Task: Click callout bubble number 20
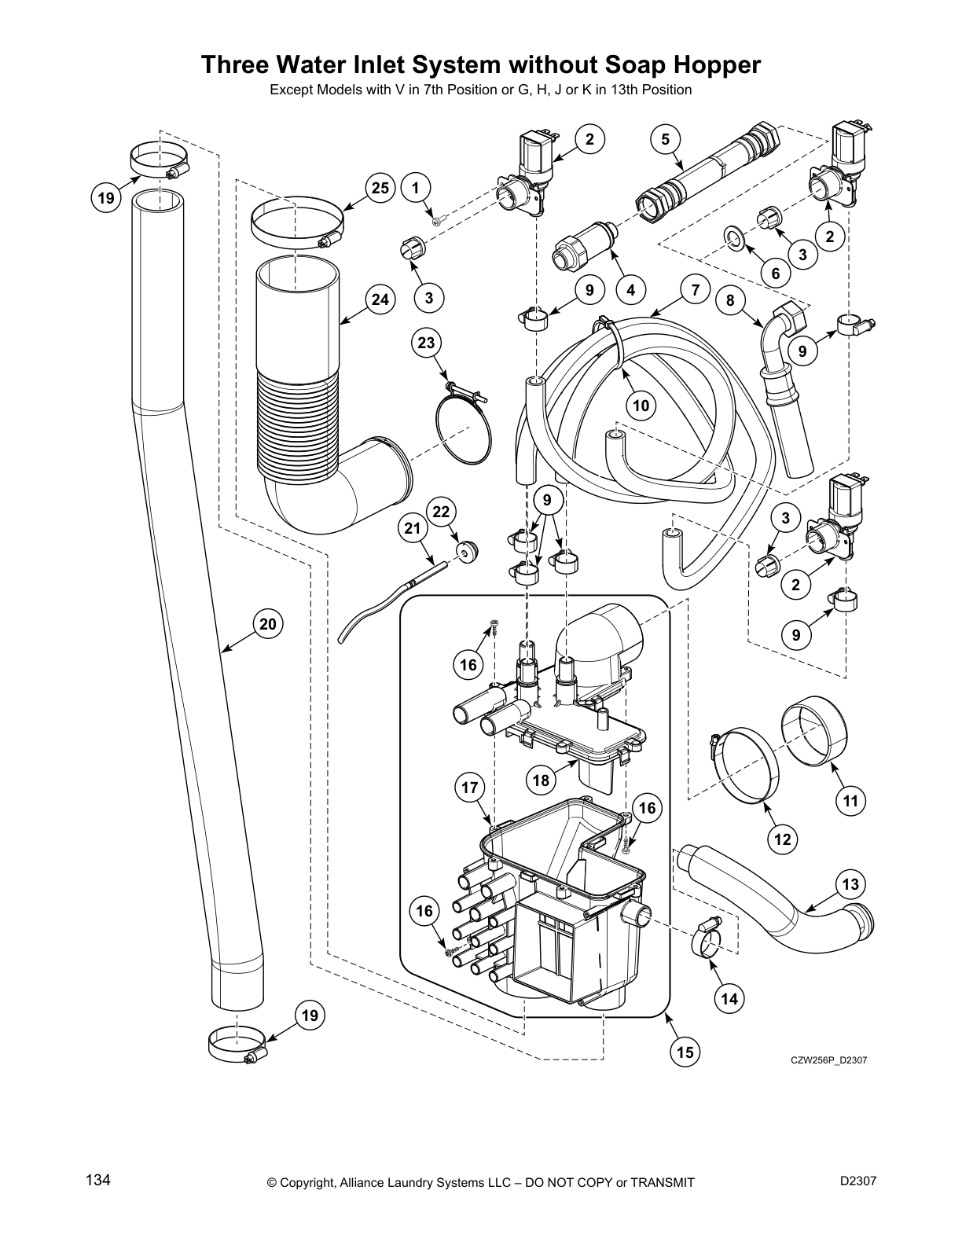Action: tap(268, 624)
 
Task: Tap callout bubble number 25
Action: tap(380, 188)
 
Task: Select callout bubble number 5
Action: tap(665, 139)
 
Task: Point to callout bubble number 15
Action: tap(685, 1052)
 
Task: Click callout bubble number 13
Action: tap(851, 884)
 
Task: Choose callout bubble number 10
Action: tap(641, 406)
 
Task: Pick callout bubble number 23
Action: tap(426, 343)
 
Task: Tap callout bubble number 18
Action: tap(541, 780)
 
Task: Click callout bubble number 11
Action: tap(850, 801)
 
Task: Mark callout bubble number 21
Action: tap(413, 528)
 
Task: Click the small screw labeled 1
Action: tap(438, 222)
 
